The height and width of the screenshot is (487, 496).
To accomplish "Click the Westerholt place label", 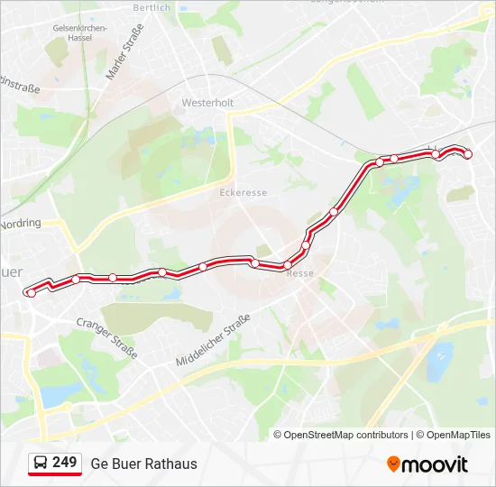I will pos(207,103).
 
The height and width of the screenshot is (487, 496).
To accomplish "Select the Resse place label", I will pos(299,273).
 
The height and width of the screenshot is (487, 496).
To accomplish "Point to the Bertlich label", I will pos(152,8).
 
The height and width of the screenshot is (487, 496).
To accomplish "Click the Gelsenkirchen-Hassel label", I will pos(80,32).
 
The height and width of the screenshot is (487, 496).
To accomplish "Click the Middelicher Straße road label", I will pos(213,340).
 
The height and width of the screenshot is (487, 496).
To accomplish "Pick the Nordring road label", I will pos(21,223).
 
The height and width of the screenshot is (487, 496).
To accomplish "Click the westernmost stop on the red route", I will pos(32,292).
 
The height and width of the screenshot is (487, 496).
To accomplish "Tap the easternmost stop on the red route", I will pos(467,155).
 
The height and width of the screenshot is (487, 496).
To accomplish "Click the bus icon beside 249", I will pos(41,463).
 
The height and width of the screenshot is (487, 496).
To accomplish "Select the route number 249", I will pos(64,463).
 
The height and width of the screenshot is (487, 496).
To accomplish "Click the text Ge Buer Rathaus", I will pos(143,464).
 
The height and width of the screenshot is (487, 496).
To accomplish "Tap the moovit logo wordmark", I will pos(435,464).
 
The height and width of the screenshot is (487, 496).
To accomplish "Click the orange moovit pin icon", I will pos(393,464).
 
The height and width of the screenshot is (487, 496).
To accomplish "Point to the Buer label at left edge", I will pos(11,271).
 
